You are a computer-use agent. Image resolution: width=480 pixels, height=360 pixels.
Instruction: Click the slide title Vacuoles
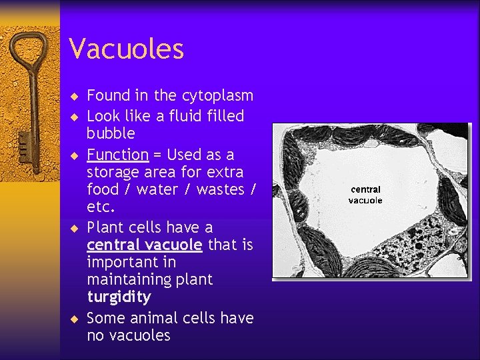coord(126,49)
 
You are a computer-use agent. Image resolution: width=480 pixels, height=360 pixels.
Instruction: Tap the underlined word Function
coord(117,155)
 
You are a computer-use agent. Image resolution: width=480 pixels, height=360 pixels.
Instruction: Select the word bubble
coord(111,133)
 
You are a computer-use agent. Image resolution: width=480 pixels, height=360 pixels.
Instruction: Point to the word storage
coord(114,172)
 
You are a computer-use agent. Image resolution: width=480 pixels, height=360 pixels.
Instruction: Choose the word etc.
coord(101,207)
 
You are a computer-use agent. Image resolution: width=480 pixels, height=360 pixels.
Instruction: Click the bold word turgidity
coord(119,297)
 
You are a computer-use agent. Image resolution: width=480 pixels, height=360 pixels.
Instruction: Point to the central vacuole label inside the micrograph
coord(365,195)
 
